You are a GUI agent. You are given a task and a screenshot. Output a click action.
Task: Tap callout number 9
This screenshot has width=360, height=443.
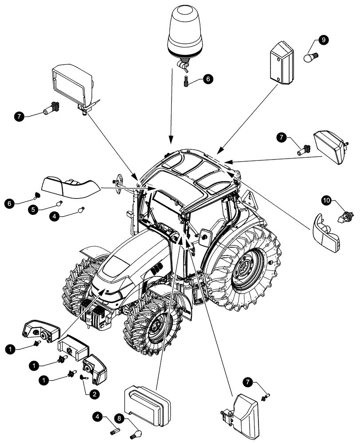(x=323, y=40)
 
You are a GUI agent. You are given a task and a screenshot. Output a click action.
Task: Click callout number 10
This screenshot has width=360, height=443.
(x=327, y=201)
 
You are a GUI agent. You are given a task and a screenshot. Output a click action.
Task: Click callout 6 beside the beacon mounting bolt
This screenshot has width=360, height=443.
(x=208, y=79)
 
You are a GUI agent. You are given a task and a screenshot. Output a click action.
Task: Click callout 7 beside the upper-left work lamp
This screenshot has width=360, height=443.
(x=18, y=117)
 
